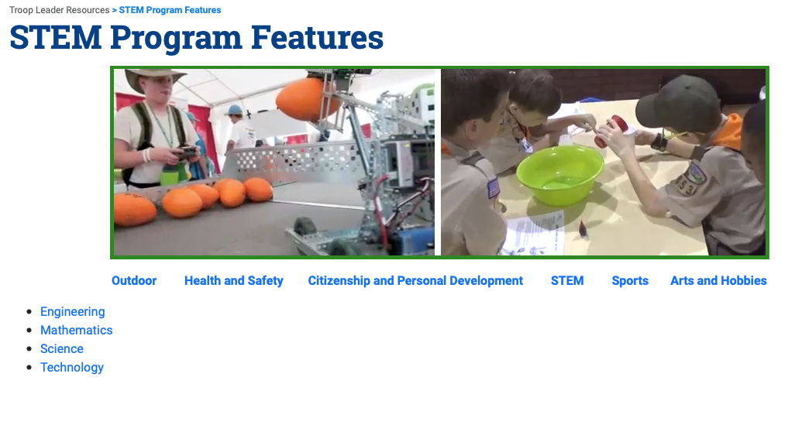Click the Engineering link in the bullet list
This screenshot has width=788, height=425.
(72, 312)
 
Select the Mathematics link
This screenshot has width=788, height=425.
(77, 330)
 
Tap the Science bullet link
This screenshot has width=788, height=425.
(62, 348)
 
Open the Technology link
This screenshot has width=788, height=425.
(72, 368)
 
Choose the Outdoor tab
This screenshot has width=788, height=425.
(134, 281)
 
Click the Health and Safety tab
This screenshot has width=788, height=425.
(234, 281)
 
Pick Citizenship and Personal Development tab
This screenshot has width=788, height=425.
(415, 281)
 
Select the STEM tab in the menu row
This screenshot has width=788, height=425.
(567, 281)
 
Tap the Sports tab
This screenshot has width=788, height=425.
(630, 281)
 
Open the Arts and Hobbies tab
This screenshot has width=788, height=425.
(718, 281)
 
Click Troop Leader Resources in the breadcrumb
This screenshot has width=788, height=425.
(60, 10)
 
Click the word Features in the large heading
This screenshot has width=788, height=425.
(317, 38)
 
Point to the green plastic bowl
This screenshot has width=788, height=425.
(560, 175)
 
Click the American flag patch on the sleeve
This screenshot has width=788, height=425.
(494, 187)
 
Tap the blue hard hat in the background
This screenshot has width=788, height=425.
(234, 110)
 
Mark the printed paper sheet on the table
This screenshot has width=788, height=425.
(533, 233)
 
